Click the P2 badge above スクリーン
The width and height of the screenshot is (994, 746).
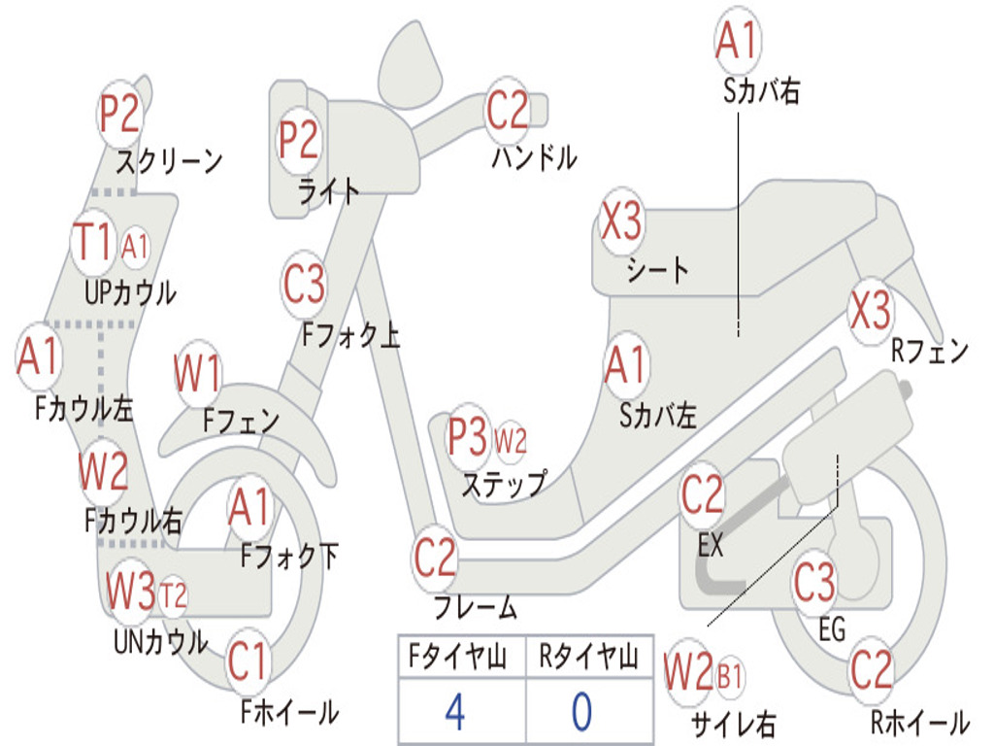click(x=121, y=115)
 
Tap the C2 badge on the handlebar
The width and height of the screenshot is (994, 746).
click(x=507, y=110)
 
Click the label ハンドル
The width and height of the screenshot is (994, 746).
click(x=533, y=157)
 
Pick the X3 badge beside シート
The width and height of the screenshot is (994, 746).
click(x=621, y=222)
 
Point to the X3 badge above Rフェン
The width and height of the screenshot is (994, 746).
click(x=869, y=310)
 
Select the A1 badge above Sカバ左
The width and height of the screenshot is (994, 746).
click(x=625, y=365)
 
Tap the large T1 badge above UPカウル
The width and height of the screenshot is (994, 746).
click(x=94, y=242)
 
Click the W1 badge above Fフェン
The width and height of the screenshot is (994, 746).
click(x=198, y=373)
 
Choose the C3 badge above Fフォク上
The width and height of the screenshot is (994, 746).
click(x=304, y=285)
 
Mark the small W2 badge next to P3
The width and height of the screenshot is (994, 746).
click(x=511, y=441)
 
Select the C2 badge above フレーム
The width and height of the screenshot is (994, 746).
click(x=435, y=558)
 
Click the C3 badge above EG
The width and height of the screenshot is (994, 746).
click(x=814, y=583)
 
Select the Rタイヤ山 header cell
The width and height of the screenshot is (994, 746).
click(x=588, y=659)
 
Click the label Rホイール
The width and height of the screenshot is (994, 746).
click(x=918, y=723)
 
